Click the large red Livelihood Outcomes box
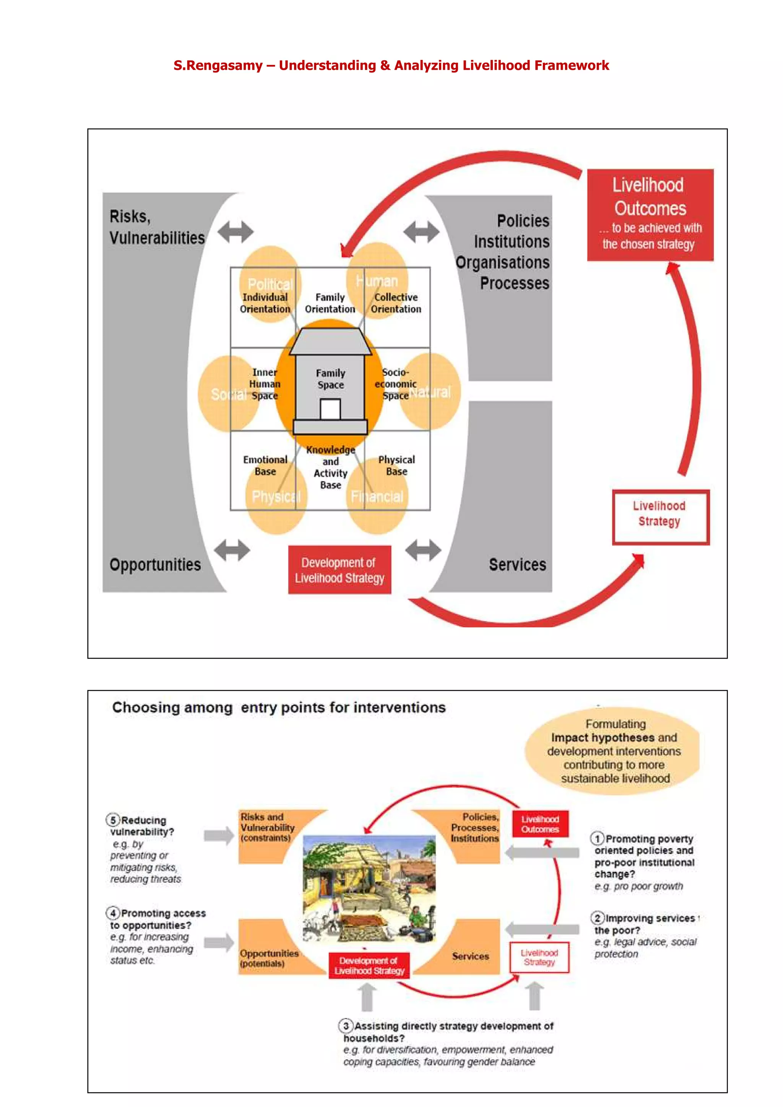click(650, 215)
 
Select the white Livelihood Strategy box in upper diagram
click(660, 517)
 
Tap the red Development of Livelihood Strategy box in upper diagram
click(339, 570)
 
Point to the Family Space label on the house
click(330, 379)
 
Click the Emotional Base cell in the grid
click(265, 465)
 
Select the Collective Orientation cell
click(396, 303)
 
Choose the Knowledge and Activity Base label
click(330, 467)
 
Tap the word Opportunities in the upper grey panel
click(155, 565)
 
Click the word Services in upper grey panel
click(517, 565)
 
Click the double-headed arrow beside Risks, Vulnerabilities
click(236, 232)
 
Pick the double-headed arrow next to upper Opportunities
click(232, 550)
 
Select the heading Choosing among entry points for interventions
click(279, 707)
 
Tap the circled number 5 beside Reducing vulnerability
click(113, 820)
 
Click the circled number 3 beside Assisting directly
click(345, 1026)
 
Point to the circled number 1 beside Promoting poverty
click(597, 838)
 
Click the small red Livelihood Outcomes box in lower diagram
click(540, 824)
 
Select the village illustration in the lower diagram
click(369, 889)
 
